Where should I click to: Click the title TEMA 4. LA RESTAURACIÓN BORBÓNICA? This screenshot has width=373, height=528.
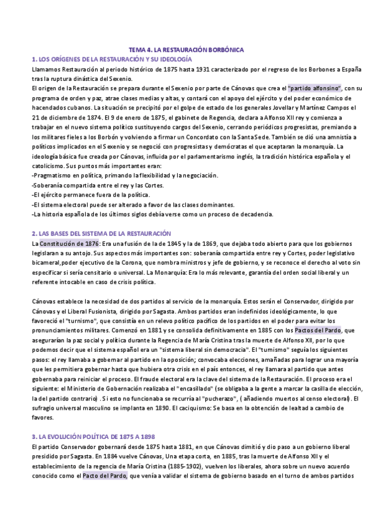coord(186,49)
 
